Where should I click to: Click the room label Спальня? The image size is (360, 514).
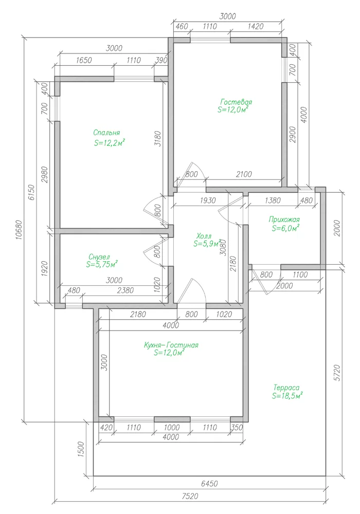[x=106, y=133]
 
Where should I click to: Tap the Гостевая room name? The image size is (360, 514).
[x=236, y=102]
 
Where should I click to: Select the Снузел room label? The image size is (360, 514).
[x=99, y=257]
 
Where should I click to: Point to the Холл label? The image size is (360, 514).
[x=204, y=236]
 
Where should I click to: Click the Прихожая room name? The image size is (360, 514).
[x=284, y=219]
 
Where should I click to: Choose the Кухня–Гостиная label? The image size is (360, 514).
[x=171, y=345]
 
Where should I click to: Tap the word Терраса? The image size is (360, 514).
[x=286, y=388]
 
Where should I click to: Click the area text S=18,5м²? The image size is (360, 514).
[x=287, y=396]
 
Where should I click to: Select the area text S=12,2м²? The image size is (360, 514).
[x=110, y=143]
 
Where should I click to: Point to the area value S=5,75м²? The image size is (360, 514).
[x=102, y=264]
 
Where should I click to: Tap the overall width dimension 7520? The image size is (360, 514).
[x=190, y=497]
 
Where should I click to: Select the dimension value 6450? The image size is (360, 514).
[x=209, y=484]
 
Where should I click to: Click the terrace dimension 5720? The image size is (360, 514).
[x=337, y=372]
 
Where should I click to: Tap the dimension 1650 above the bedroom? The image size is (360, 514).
[x=84, y=60]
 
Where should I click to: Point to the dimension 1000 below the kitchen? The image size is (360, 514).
[x=172, y=428]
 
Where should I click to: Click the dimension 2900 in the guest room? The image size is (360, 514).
[x=293, y=134]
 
